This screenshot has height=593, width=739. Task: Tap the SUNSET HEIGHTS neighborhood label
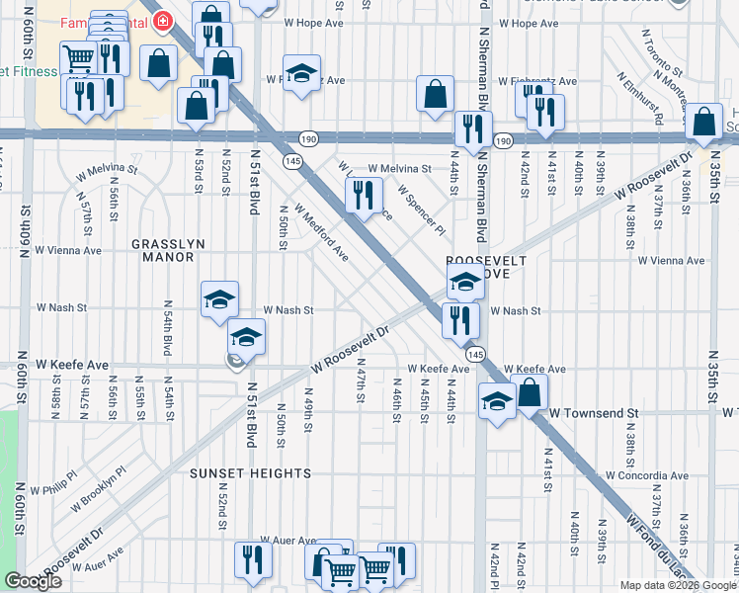251,473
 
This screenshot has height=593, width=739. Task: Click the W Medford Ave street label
320,233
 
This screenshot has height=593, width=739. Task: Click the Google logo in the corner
34,581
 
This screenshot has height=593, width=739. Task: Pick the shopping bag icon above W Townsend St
530,390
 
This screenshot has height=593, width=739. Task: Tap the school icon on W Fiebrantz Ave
302,72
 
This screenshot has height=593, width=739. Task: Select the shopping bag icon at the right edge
704,122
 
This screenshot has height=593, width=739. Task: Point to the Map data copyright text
678,585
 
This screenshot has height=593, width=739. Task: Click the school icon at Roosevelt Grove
464,282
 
